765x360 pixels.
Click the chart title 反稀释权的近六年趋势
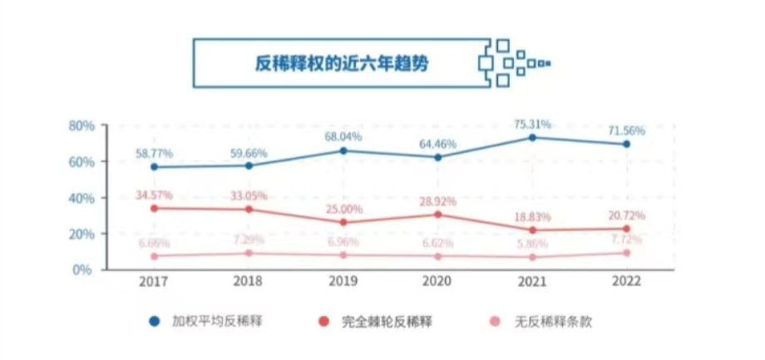[341, 63]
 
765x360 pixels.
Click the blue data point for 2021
[532, 137]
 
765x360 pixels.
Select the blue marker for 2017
[154, 167]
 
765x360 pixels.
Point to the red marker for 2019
[343, 222]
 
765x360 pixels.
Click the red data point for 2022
[626, 229]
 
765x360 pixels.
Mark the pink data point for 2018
[249, 254]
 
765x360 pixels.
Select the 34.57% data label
[154, 195]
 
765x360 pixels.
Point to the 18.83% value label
[532, 216]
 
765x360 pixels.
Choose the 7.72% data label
[626, 239]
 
